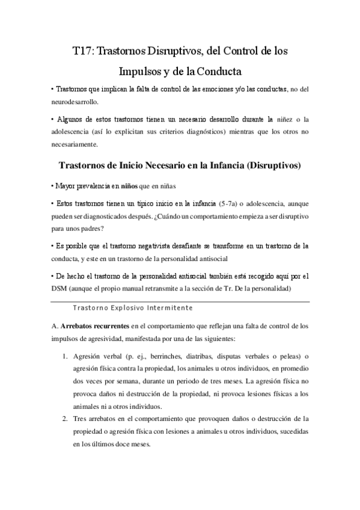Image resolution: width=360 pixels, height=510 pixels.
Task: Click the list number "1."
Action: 65,355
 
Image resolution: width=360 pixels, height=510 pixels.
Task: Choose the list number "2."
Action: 65,418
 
